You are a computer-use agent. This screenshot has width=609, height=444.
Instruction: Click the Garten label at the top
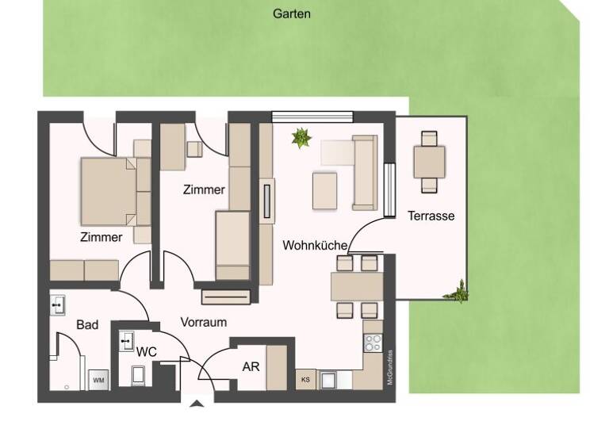point(292,13)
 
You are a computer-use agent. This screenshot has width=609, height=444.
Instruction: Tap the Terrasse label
point(431,215)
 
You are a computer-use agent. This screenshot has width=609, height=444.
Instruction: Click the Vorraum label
point(204,322)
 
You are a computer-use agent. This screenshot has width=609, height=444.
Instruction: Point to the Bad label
point(87,325)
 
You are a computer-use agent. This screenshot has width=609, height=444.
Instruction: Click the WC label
point(147,350)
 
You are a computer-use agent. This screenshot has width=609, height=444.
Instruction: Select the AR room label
point(251,367)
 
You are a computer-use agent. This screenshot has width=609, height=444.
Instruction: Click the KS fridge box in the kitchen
point(306,381)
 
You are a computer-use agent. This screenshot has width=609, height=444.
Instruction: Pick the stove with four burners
point(373,343)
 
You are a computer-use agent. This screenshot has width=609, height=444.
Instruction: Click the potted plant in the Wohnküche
point(301,139)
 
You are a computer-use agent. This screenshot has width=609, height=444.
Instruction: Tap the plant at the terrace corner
point(458,293)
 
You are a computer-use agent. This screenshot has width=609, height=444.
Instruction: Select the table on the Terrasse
point(429,162)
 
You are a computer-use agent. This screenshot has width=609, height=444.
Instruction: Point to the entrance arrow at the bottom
point(197,404)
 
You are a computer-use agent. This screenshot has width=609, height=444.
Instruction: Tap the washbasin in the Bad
point(58,304)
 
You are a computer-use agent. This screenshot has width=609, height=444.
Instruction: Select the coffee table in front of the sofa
point(325,190)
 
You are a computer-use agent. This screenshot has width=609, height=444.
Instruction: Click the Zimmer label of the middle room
point(204,190)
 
